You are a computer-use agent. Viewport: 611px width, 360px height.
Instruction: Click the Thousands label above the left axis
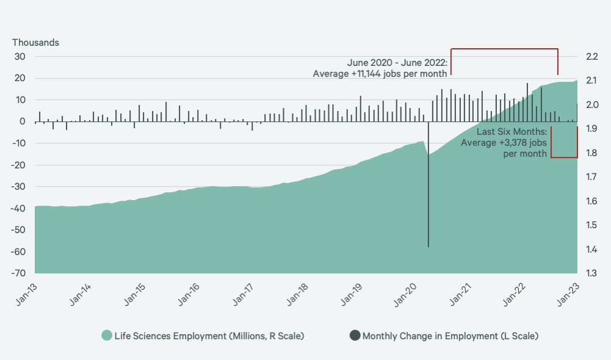click(35, 43)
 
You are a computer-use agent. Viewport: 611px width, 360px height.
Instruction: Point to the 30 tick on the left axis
click(20, 57)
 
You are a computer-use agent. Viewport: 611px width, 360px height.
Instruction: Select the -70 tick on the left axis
click(18, 273)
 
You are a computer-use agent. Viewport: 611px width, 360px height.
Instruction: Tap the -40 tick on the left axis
click(18, 208)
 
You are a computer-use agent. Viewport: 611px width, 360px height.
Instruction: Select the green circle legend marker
click(107, 336)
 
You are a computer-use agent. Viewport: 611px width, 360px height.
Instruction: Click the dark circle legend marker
click(355, 336)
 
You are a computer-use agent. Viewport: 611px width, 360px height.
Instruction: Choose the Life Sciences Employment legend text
click(209, 336)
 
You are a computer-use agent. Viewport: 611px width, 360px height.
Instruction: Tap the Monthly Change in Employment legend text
click(450, 336)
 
